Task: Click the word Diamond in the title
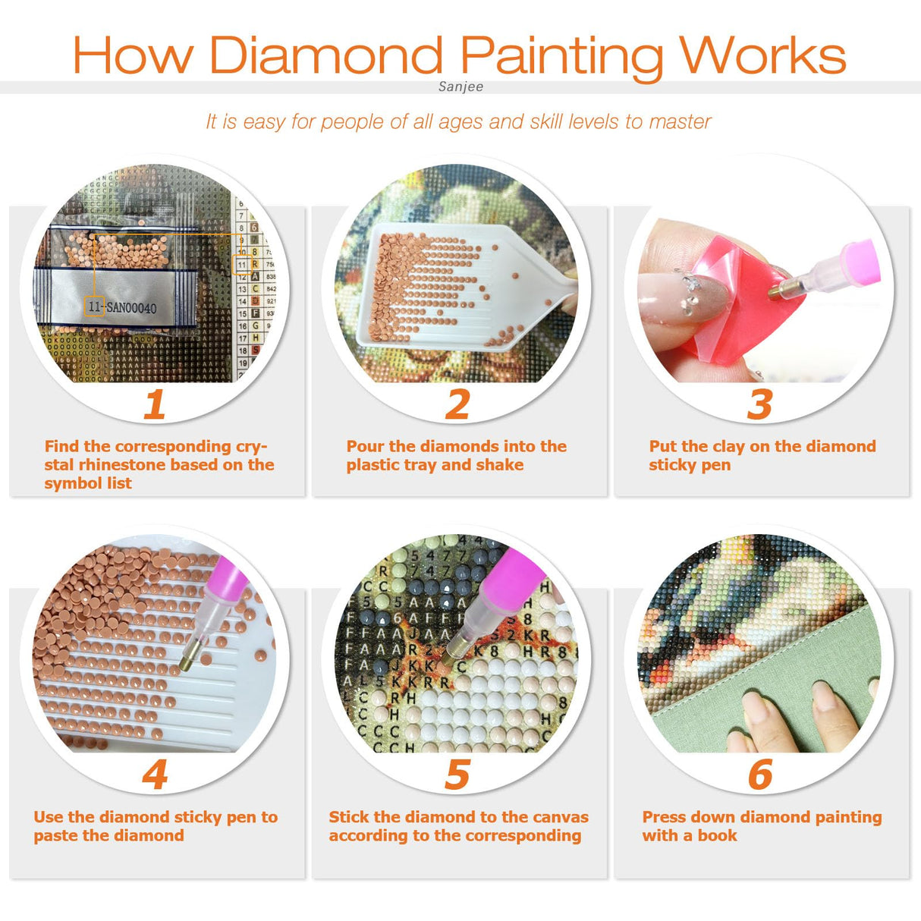click(326, 55)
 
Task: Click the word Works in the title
click(762, 55)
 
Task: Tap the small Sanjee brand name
click(460, 86)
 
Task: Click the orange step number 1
click(155, 404)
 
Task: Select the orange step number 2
click(457, 404)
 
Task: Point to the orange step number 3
click(759, 404)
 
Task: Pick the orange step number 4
click(155, 775)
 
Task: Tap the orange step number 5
click(457, 775)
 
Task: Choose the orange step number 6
click(759, 775)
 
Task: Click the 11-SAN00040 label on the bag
click(121, 307)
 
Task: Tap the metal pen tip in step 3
click(777, 289)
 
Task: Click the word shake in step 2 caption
click(500, 465)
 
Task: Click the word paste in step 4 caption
click(55, 836)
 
